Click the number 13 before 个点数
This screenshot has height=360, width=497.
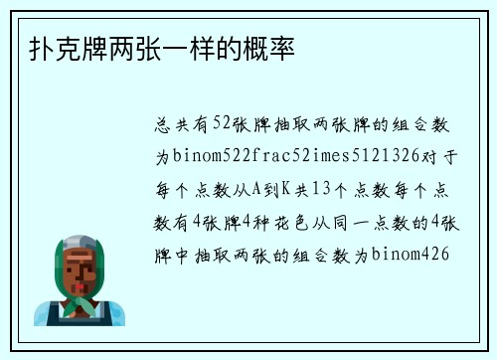click(x=319, y=189)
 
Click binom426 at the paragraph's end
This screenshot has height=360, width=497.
click(x=411, y=253)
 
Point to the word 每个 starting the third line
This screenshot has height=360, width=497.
click(x=168, y=189)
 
